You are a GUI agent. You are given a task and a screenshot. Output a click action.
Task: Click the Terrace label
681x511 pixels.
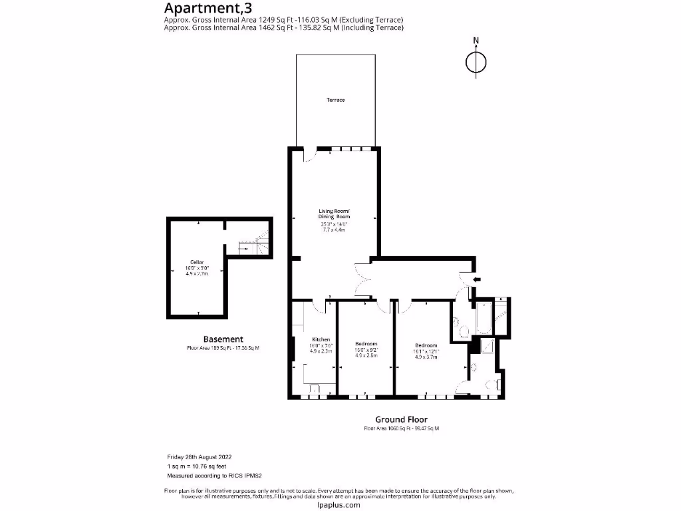[335, 100]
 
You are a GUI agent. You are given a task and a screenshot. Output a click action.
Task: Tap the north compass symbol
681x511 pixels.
[476, 62]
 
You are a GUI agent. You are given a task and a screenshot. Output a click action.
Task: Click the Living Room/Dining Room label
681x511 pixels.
[333, 214]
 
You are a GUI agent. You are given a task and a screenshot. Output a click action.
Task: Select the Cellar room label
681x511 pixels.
[196, 263]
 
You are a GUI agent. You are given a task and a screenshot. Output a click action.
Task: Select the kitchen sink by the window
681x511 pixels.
[313, 389]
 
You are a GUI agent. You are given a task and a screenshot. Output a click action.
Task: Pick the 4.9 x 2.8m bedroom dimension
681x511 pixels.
[366, 356]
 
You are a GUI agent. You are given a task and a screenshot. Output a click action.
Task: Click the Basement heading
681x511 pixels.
[223, 339]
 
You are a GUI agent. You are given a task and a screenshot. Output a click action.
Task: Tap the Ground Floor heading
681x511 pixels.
[401, 420]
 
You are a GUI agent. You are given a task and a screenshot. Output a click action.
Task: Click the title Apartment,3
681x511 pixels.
[204, 8]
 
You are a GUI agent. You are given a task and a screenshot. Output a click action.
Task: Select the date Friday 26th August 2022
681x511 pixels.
[198, 457]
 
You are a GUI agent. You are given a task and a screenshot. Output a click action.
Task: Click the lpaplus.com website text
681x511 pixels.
[339, 505]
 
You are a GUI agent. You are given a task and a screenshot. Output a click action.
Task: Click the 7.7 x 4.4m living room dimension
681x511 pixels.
[333, 230]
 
